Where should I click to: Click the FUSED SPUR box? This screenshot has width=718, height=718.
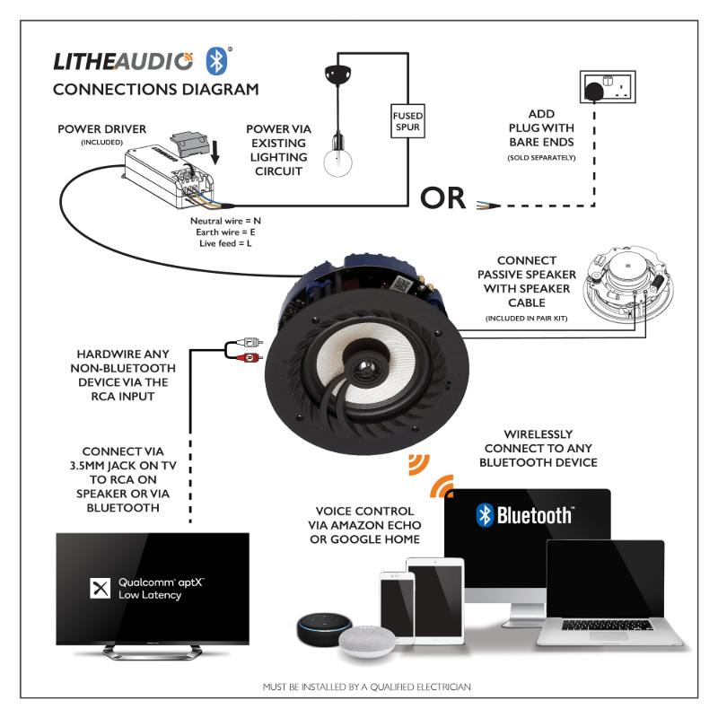pos(407,121)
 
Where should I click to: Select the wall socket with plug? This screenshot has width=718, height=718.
pos(603,88)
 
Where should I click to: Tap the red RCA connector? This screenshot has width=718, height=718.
pos(247,358)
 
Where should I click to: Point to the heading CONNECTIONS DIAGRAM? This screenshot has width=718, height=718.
pos(155,89)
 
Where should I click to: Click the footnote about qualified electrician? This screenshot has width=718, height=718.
pos(366,687)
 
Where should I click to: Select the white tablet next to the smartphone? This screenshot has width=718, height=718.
pos(435,597)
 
